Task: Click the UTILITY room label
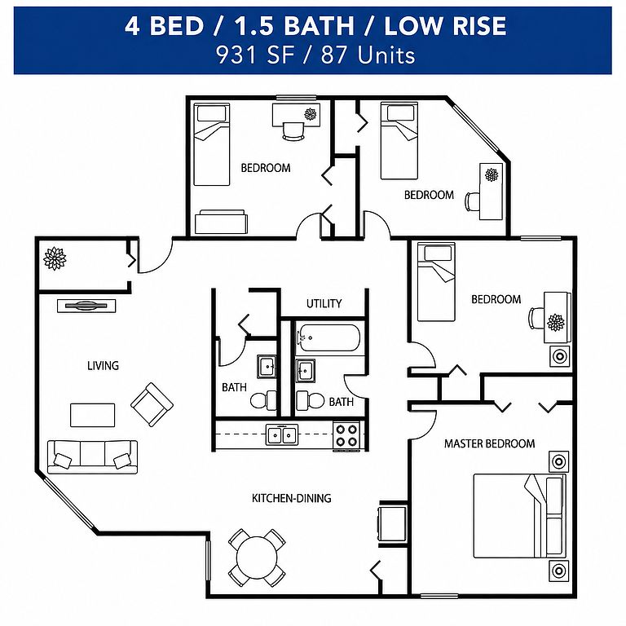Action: (324, 303)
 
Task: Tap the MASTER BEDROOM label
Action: (489, 443)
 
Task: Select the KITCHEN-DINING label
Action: (292, 498)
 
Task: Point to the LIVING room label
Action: (103, 365)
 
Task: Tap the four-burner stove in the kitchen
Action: (346, 435)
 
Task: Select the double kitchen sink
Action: (281, 434)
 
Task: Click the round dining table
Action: (257, 558)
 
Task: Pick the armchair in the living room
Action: (152, 404)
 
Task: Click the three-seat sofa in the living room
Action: (92, 456)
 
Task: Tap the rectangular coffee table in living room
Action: (93, 415)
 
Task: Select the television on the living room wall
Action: (86, 306)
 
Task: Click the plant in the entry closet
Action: (55, 258)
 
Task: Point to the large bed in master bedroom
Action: (519, 516)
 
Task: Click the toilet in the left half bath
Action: (263, 400)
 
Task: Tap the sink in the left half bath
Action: (267, 366)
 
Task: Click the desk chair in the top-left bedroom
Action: (293, 130)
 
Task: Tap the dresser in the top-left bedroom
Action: (221, 222)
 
